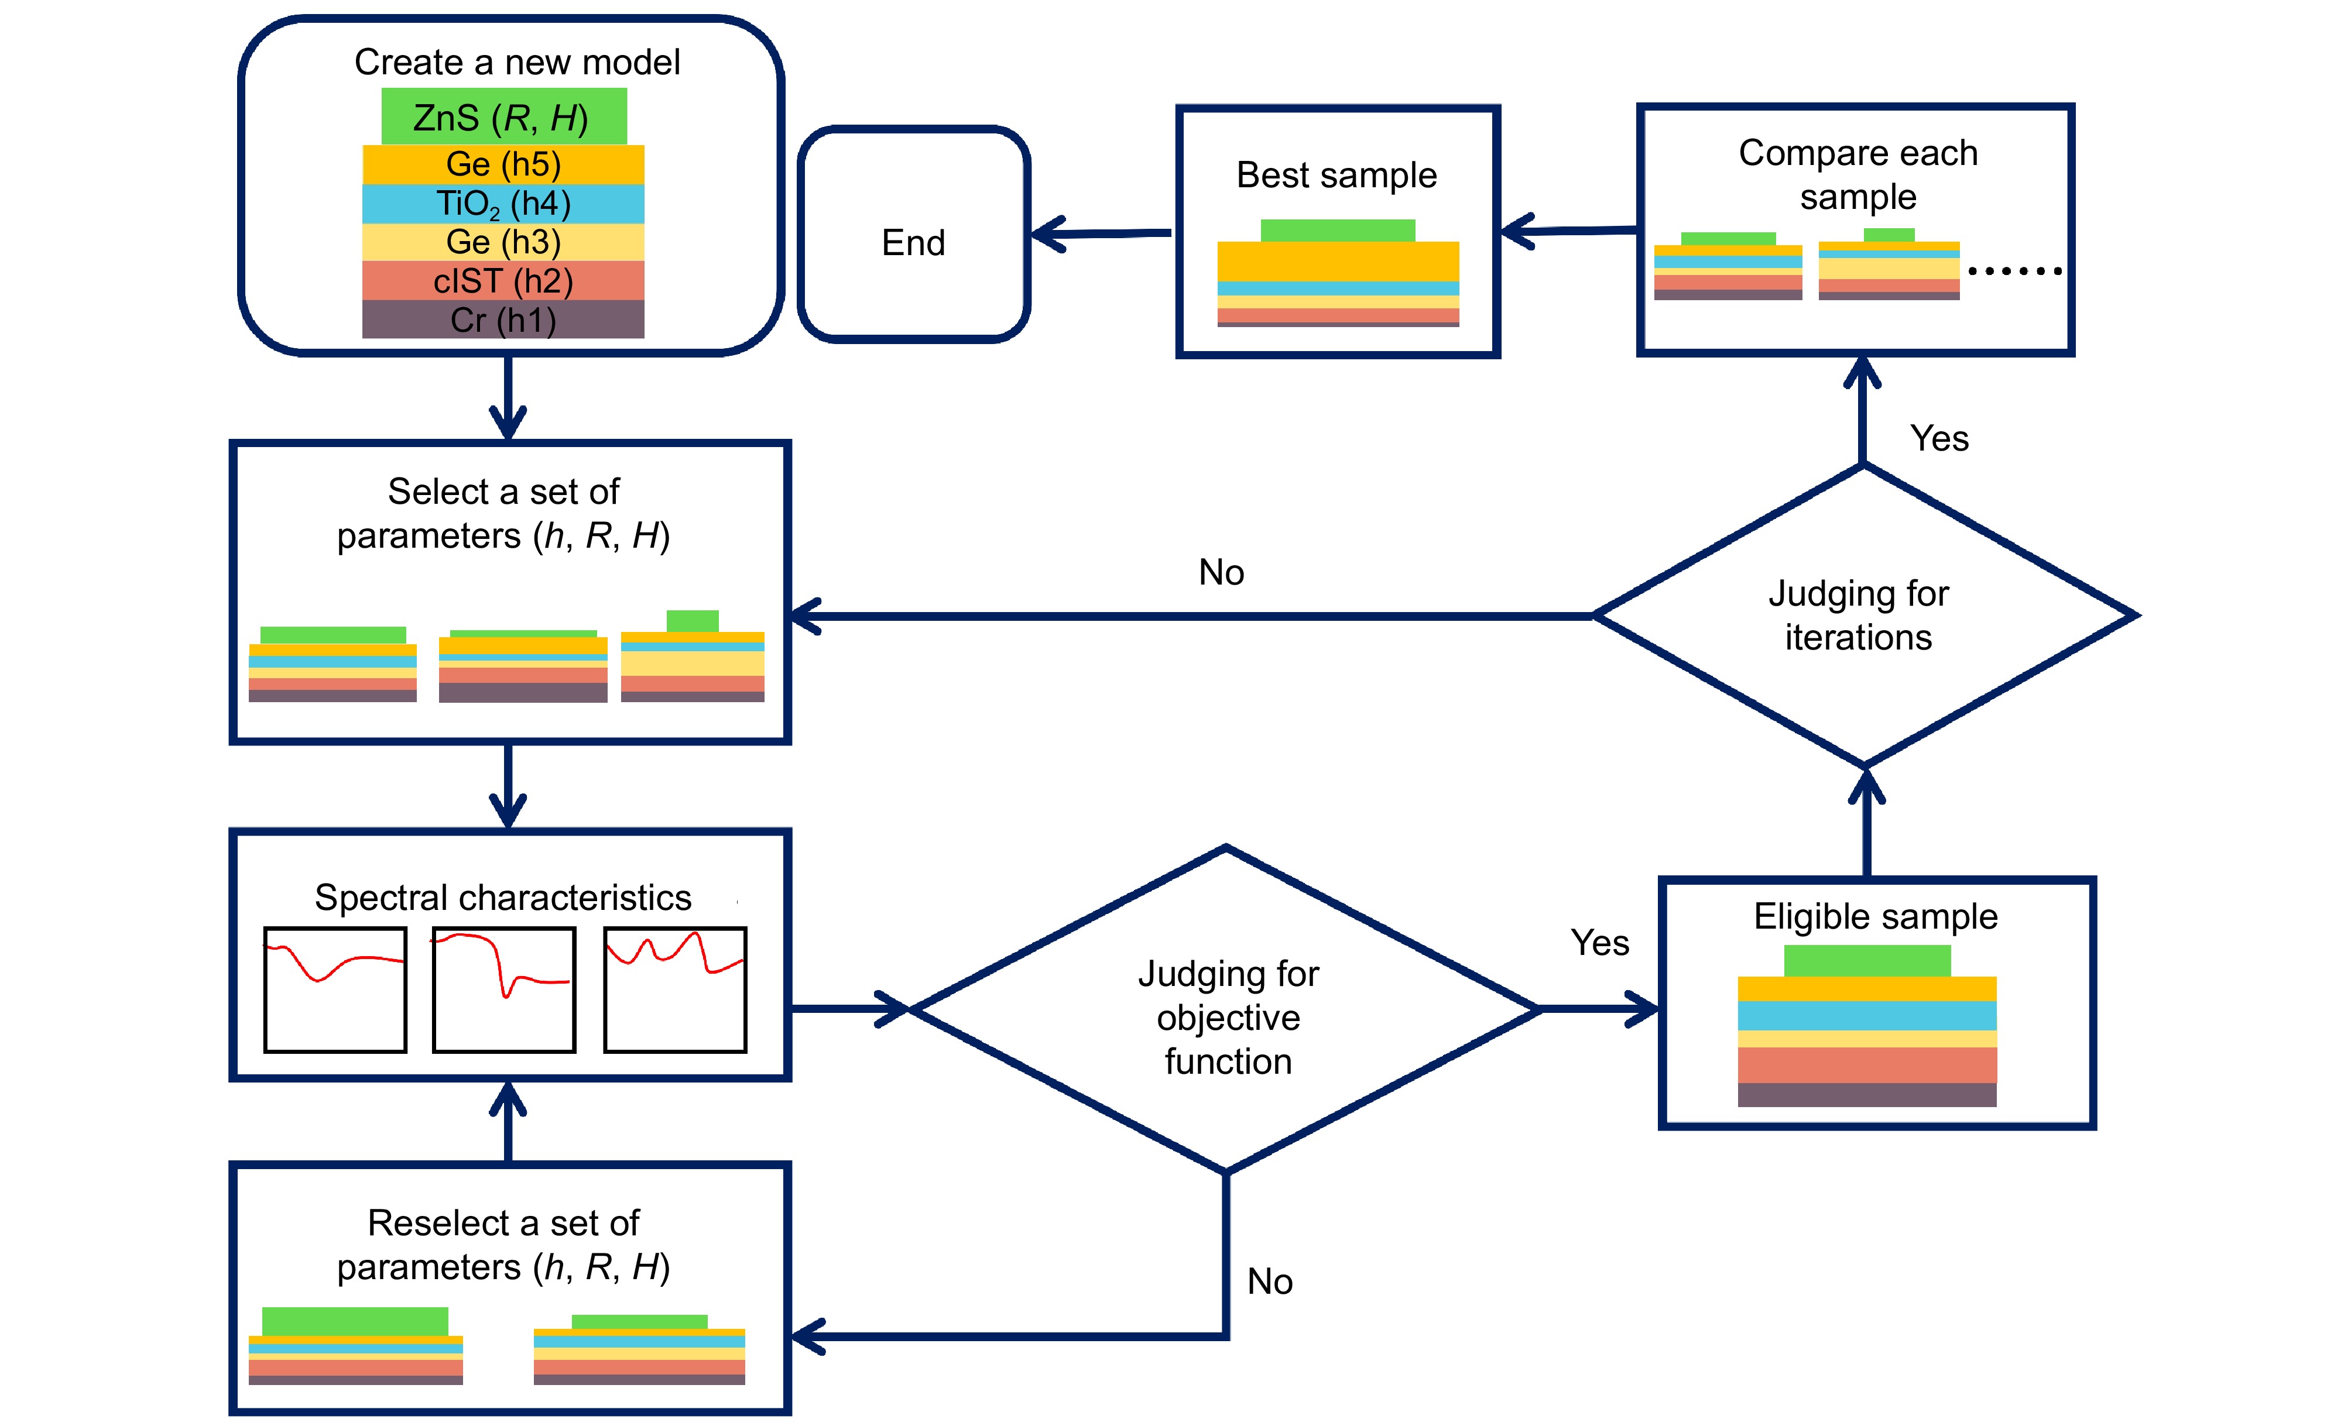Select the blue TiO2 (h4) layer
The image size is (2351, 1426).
504,203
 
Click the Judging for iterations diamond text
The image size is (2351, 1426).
1858,615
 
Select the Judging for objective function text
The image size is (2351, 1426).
1228,1017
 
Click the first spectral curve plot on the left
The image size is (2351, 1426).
335,989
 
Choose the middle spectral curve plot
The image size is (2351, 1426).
504,989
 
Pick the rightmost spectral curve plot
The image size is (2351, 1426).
674,989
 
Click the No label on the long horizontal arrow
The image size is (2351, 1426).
1221,572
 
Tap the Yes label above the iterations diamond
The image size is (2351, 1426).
1939,438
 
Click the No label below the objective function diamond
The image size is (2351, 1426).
1270,1281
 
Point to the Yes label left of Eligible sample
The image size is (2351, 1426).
1600,943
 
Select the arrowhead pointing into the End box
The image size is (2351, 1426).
1048,233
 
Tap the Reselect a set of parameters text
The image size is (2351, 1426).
504,1245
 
